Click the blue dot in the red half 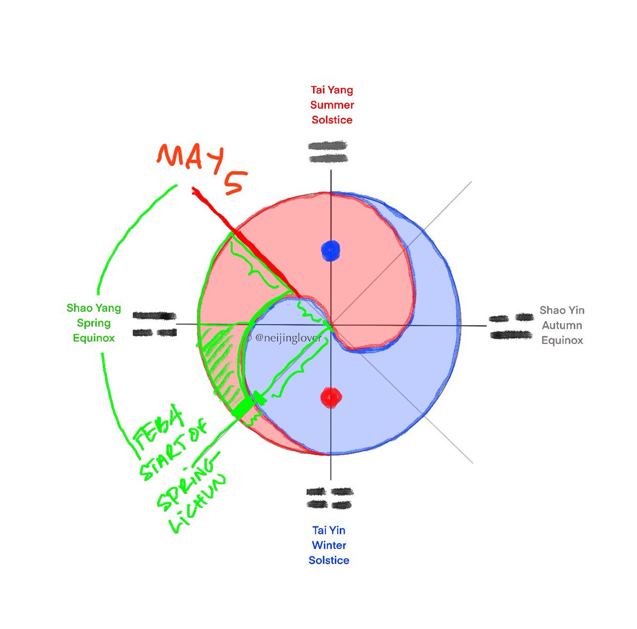[x=331, y=250]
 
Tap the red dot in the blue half [x=331, y=397]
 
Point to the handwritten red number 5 [x=235, y=183]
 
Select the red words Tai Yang [x=332, y=90]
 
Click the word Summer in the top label [x=332, y=105]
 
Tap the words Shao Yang [x=94, y=308]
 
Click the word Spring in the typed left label [x=94, y=323]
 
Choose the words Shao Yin [x=562, y=310]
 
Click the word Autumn [x=562, y=325]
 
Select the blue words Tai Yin [x=329, y=530]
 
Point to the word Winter [x=329, y=545]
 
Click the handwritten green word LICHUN [x=199, y=506]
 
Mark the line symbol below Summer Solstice [x=328, y=152]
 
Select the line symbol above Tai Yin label [x=330, y=498]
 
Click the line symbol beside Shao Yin [x=511, y=327]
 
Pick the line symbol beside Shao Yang [x=154, y=324]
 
